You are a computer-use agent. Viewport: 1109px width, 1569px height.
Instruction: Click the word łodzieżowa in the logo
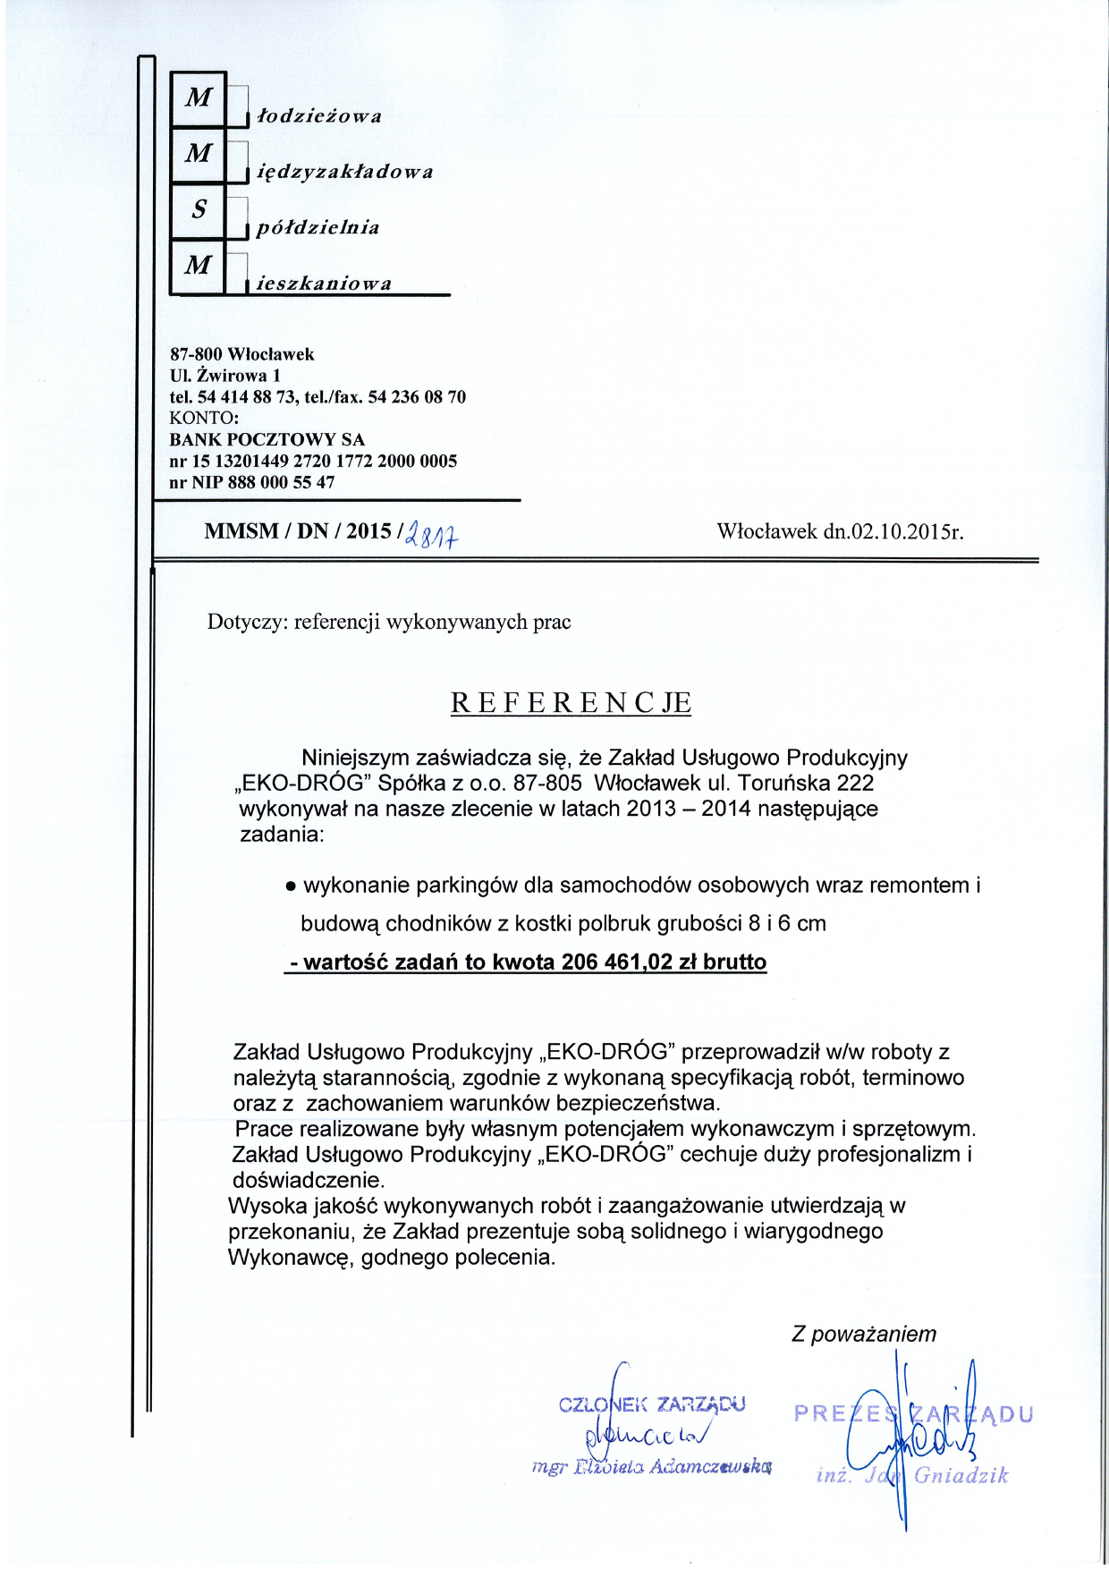pos(319,116)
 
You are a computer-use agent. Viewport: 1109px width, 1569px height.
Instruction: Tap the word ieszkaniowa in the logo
pos(324,284)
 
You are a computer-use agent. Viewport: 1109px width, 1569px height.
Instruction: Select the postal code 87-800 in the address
pos(196,354)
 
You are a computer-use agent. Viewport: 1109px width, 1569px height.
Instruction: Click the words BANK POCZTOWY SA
pos(267,439)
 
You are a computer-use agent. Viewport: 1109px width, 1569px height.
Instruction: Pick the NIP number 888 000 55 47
pos(281,482)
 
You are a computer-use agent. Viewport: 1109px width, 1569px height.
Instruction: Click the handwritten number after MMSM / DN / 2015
pos(432,535)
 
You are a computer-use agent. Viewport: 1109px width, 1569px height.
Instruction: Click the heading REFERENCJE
pos(571,703)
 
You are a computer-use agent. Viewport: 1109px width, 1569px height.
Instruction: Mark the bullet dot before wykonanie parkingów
pos(290,887)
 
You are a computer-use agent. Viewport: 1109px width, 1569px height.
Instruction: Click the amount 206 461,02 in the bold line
pos(616,963)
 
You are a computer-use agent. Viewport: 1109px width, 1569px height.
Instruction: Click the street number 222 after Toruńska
pos(855,783)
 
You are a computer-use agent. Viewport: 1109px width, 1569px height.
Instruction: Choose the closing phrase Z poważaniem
pos(864,1334)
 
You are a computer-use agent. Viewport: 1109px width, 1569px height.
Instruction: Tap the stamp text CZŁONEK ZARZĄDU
pos(652,1404)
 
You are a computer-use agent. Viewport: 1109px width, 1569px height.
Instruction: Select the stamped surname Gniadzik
pos(961,1475)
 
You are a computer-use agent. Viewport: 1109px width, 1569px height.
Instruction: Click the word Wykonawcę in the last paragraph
pos(291,1257)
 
